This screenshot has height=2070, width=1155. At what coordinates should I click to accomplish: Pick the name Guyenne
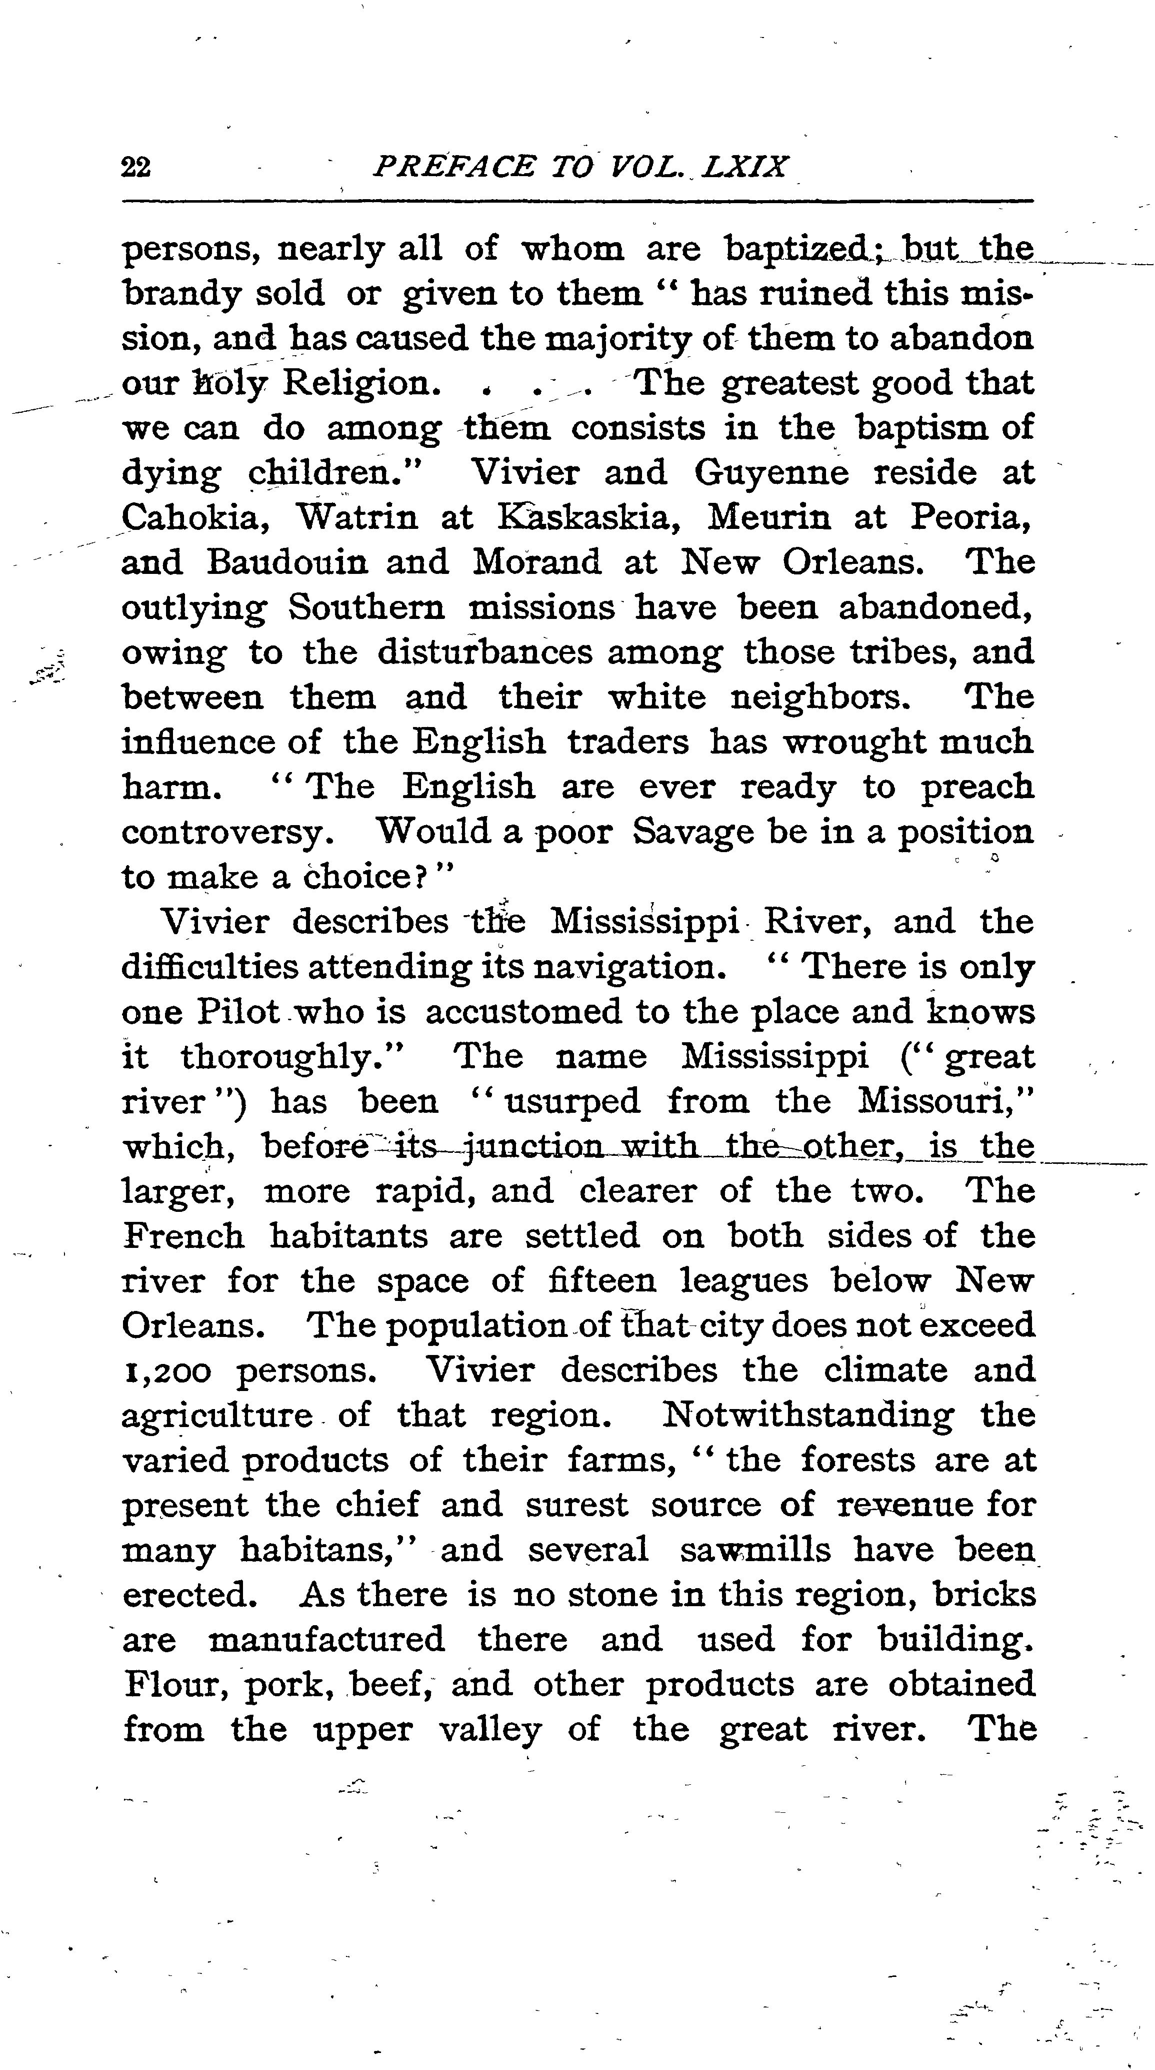coord(771,472)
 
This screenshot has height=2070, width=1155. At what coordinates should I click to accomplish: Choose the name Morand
coord(536,562)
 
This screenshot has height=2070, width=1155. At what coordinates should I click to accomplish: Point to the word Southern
coord(366,607)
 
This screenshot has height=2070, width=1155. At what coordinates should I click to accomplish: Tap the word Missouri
coord(944,1101)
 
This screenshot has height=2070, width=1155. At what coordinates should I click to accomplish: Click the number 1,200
coord(166,1371)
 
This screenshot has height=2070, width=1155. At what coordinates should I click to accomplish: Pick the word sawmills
coord(755,1549)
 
